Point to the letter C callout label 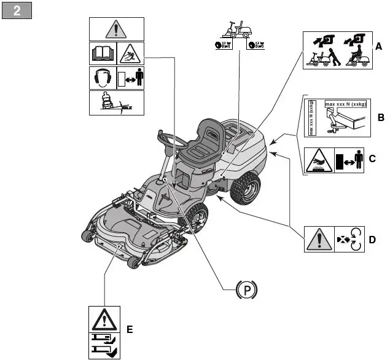click(x=372, y=158)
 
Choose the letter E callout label click(x=129, y=329)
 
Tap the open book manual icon click(x=103, y=53)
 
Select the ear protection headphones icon click(x=102, y=78)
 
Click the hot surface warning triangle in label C click(x=319, y=160)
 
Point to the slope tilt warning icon click(x=117, y=103)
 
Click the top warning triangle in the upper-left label click(x=117, y=29)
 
